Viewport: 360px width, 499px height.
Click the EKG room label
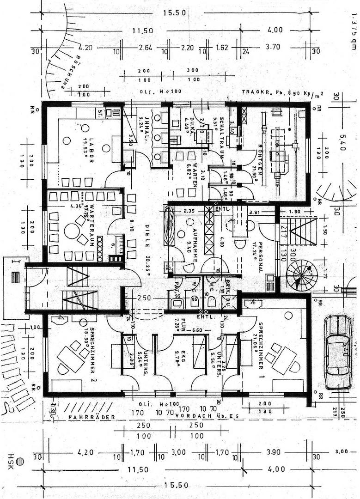182,355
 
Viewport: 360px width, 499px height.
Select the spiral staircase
299,276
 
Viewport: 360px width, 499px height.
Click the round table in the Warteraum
72,231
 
